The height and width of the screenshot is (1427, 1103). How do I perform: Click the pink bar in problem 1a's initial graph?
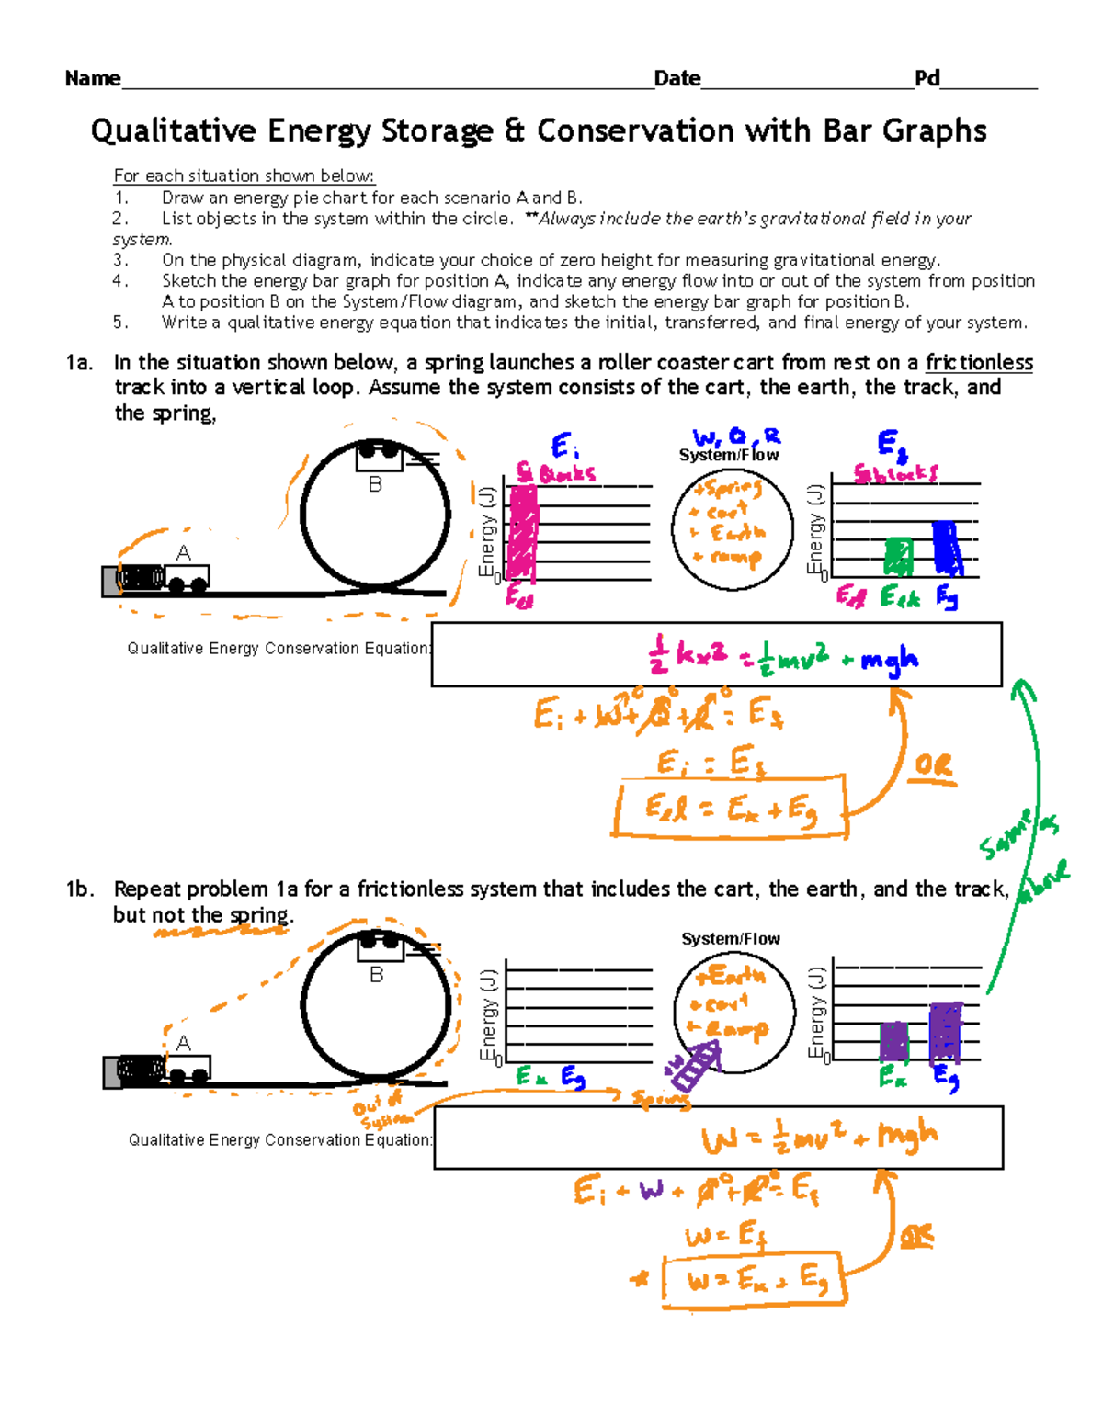(523, 532)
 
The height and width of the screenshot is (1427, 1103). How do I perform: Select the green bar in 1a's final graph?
(898, 557)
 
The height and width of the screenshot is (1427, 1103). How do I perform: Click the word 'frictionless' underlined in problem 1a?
(979, 363)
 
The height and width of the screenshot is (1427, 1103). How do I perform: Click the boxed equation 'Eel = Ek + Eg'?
(730, 809)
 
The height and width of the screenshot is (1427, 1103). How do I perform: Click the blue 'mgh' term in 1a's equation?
(889, 659)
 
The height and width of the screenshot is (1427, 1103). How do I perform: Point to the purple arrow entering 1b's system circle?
(693, 1067)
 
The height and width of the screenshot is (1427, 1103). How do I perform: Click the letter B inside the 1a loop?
(375, 484)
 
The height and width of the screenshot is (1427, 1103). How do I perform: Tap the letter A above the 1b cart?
(184, 1044)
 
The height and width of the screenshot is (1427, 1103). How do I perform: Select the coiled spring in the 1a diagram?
(141, 578)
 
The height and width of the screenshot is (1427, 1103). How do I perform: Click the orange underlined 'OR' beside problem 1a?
(934, 767)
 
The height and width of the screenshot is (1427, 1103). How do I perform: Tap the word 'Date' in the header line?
(677, 79)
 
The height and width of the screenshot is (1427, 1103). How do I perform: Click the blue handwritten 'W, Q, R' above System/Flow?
(735, 436)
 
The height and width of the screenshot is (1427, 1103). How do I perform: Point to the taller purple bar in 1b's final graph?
(946, 1032)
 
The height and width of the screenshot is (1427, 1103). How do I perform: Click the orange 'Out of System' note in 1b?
(380, 1112)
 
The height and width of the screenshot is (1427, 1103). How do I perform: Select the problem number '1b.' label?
(80, 889)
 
